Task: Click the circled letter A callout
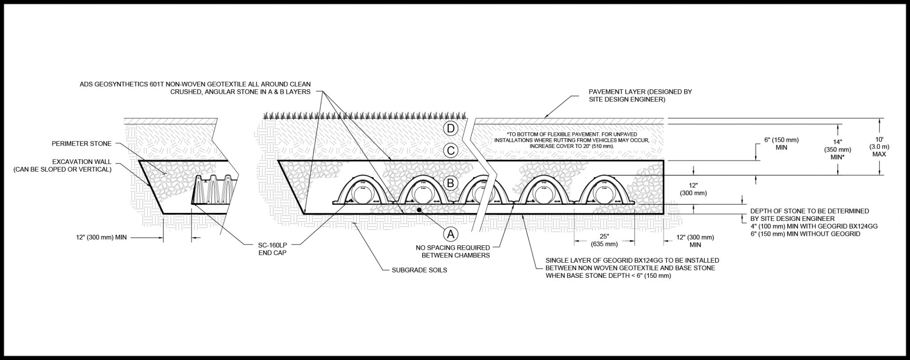(450, 233)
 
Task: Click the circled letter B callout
(450, 183)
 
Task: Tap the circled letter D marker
(450, 129)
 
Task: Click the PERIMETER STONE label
(81, 144)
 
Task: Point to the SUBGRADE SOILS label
(419, 270)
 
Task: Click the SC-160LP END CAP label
(272, 249)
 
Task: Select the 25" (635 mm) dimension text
(604, 240)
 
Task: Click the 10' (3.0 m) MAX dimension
(879, 147)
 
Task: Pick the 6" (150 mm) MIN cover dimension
(781, 144)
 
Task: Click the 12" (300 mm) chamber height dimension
(693, 189)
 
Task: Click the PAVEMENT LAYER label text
(640, 96)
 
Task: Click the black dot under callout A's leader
(419, 209)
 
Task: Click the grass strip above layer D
(364, 116)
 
